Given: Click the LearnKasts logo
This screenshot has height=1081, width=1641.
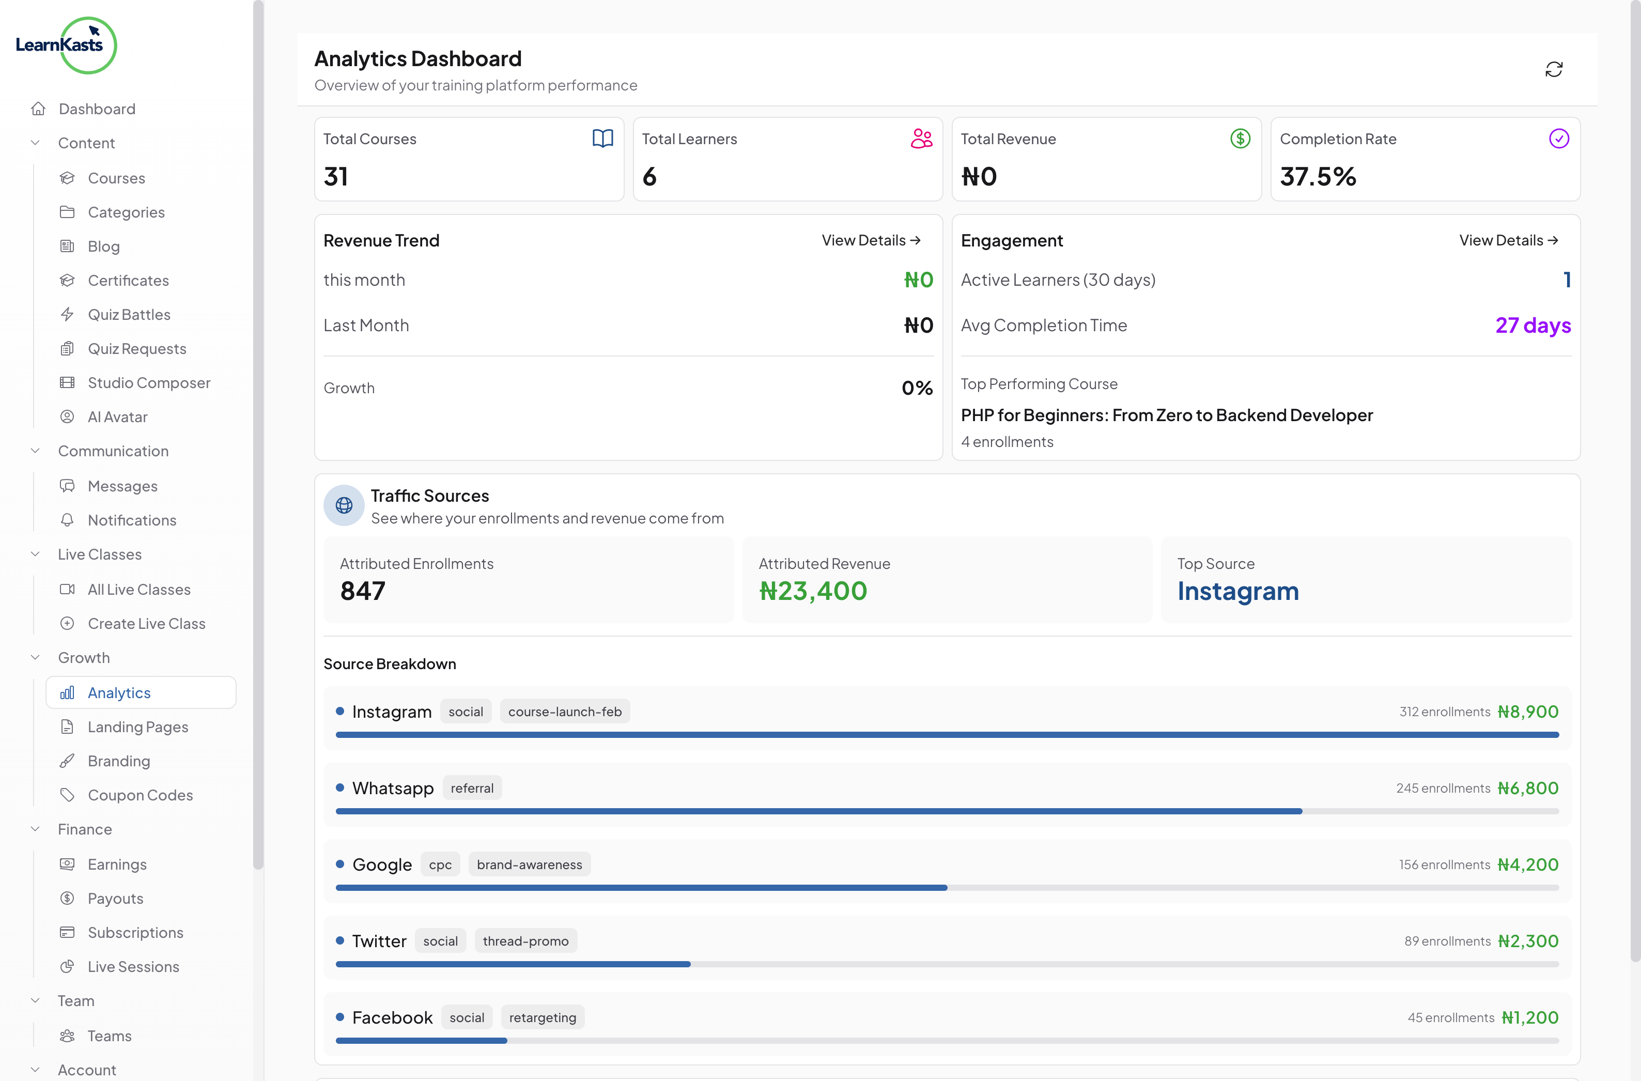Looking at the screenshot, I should (x=66, y=45).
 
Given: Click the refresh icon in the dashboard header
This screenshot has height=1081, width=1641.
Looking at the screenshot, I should (x=1554, y=70).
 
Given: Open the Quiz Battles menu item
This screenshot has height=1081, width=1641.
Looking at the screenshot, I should (x=129, y=314).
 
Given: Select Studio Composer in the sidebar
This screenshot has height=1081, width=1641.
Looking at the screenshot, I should (x=149, y=382).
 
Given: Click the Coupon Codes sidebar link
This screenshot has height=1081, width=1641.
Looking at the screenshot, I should (x=140, y=795).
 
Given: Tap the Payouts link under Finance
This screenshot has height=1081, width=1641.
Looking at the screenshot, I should (x=115, y=898).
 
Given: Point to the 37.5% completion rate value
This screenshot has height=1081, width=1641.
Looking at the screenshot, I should (x=1318, y=177).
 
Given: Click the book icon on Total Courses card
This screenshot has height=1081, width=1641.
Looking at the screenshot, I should (x=602, y=138).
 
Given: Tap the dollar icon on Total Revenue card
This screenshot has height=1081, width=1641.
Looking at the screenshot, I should (x=1240, y=138).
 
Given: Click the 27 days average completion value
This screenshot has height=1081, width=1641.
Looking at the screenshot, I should (x=1532, y=326).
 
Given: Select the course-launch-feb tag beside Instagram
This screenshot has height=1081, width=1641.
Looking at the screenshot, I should (x=565, y=712).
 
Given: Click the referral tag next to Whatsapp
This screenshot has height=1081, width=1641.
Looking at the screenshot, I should (x=472, y=788).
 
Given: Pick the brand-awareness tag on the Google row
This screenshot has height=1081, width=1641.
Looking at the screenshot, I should (x=529, y=864).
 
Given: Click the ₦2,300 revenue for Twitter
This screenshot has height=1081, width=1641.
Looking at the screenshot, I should (x=1527, y=941).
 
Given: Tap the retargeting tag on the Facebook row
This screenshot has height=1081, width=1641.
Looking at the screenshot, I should (x=542, y=1017).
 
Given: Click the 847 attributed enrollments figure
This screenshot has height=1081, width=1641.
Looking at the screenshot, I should (x=363, y=591).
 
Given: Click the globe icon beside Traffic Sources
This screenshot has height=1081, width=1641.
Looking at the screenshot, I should (x=344, y=505).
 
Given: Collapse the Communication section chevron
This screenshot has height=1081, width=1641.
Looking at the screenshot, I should (x=35, y=451).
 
